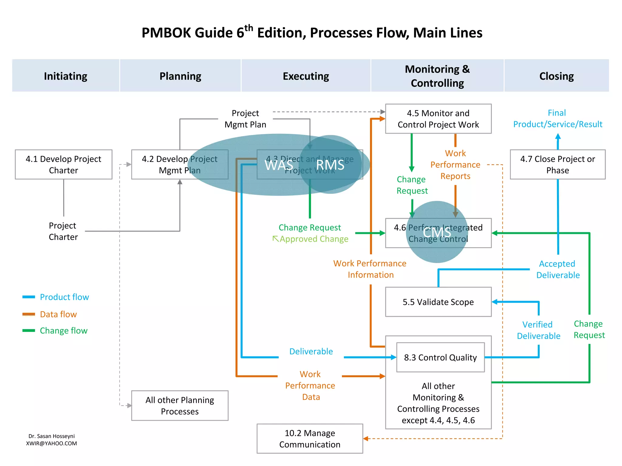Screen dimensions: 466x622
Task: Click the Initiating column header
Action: click(x=65, y=76)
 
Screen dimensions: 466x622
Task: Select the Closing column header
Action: click(x=556, y=76)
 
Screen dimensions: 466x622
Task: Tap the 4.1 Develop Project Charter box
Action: click(x=63, y=164)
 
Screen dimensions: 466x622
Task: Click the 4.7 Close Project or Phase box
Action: click(x=558, y=164)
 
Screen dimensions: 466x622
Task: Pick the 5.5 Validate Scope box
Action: click(x=438, y=302)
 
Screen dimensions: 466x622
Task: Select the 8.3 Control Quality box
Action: click(x=440, y=357)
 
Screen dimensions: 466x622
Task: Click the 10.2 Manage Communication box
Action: click(x=310, y=439)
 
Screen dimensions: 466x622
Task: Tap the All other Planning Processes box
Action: click(x=180, y=406)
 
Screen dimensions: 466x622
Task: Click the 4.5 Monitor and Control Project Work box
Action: click(x=438, y=119)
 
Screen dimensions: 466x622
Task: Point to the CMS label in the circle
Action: click(x=437, y=233)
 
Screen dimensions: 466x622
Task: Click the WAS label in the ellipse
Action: click(x=279, y=165)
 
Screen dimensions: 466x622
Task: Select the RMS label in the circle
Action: click(x=330, y=165)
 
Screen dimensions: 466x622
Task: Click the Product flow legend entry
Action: click(x=64, y=297)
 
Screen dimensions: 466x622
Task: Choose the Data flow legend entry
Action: click(x=58, y=314)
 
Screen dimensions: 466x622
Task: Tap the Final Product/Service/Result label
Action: click(x=558, y=118)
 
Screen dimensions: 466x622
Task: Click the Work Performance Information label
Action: click(x=370, y=269)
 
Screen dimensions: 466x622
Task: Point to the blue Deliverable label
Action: click(x=311, y=351)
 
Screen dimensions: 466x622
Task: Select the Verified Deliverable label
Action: click(x=538, y=330)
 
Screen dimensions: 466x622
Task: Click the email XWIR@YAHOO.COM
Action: click(x=52, y=443)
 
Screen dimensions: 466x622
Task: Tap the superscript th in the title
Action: click(x=248, y=28)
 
